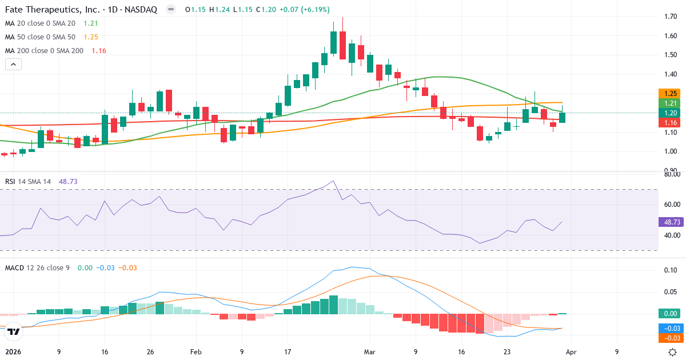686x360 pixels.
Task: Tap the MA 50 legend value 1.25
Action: coord(91,37)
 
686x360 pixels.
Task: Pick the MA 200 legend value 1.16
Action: coord(98,50)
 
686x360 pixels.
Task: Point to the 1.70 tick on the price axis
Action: coord(671,17)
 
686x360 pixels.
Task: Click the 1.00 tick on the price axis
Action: coord(671,151)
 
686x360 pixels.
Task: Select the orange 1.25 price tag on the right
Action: coord(671,93)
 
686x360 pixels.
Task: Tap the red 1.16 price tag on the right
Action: coord(671,122)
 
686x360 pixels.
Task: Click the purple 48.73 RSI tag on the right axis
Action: coord(671,221)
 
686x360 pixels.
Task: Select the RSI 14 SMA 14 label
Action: coord(28,181)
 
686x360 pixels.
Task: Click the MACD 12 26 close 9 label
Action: coord(37,267)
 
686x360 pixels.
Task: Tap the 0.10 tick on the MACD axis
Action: coord(671,270)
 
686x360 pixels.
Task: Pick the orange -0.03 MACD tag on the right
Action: coord(671,338)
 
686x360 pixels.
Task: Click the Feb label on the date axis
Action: coord(196,352)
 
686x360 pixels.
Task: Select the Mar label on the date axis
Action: coord(369,352)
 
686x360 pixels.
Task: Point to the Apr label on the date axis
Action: coord(572,352)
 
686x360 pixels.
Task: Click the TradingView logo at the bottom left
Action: coord(14,331)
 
